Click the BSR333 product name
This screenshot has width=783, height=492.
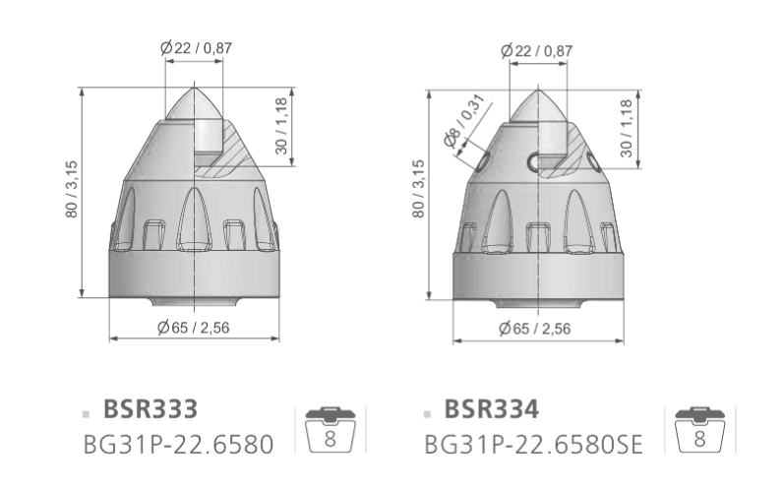(151, 409)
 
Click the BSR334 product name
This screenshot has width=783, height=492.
(492, 409)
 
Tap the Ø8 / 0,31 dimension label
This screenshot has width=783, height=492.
(464, 120)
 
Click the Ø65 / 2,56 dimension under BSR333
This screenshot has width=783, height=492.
(193, 328)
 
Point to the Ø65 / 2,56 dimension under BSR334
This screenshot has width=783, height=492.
(534, 329)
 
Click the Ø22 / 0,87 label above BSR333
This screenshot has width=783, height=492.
(197, 48)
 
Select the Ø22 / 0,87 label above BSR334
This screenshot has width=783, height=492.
(537, 50)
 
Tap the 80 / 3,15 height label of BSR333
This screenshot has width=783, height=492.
(72, 189)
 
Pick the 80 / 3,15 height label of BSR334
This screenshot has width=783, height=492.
(418, 189)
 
